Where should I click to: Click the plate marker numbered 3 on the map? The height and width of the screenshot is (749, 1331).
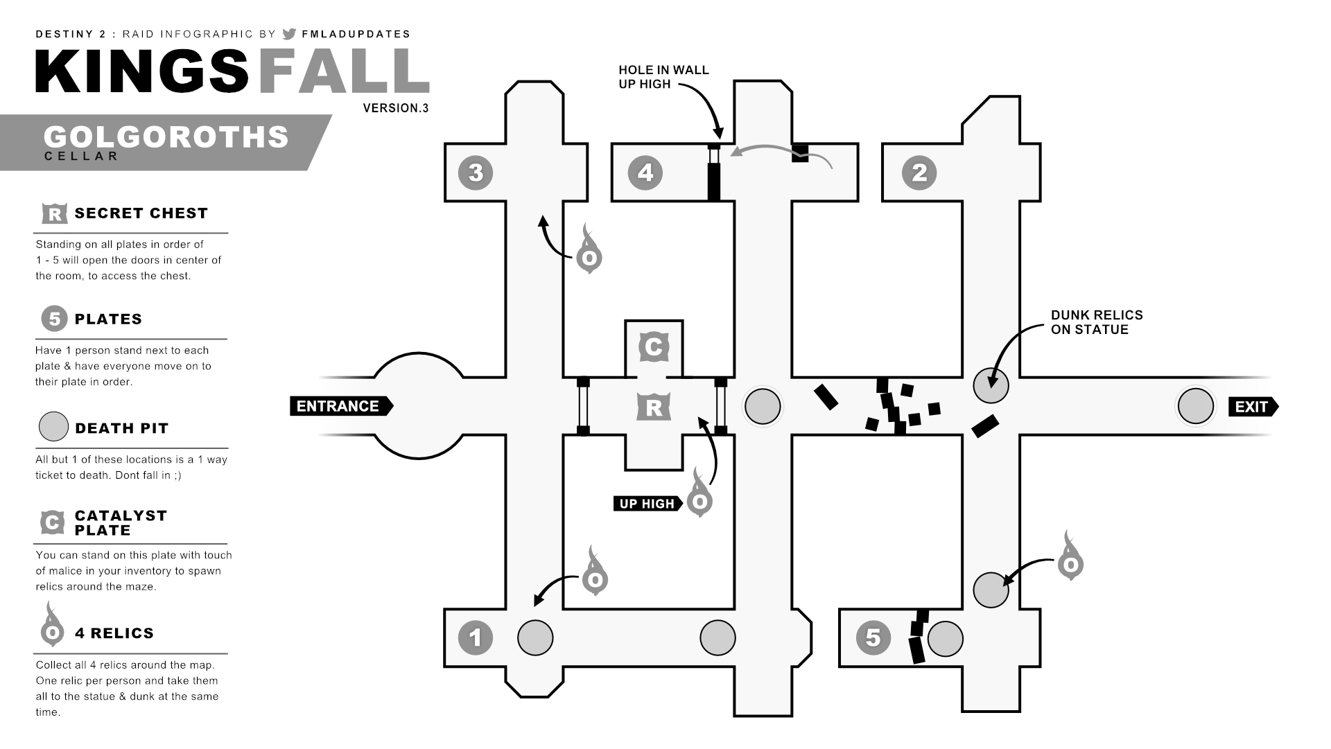pos(476,173)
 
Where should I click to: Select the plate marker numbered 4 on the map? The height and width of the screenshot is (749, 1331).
pos(645,173)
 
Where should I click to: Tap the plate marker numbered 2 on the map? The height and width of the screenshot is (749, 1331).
pos(919,173)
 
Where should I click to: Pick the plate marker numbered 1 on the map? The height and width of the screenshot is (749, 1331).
pos(476,637)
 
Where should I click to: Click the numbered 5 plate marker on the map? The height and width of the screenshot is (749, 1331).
pos(873,637)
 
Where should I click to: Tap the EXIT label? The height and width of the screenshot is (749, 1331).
pos(1252,407)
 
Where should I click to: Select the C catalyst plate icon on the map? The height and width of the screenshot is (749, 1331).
pos(653,346)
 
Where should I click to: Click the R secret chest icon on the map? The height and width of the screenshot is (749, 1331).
pos(653,407)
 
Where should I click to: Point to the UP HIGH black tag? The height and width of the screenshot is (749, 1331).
pos(647,504)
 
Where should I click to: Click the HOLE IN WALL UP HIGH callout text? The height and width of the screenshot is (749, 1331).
pos(663,77)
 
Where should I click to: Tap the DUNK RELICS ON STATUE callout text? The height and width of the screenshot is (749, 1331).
pos(1096,322)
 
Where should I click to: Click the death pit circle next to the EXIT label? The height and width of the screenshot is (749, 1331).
pos(1196,406)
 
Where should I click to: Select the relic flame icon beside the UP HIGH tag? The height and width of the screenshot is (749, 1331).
pos(699,496)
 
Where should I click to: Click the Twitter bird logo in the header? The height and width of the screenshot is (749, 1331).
pos(290,34)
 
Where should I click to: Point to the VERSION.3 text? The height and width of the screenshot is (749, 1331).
pos(396,108)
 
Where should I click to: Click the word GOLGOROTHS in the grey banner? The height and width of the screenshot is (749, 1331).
pos(166,137)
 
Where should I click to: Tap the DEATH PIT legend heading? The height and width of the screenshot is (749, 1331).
pos(121,428)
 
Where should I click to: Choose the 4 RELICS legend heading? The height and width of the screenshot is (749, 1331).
pos(114,633)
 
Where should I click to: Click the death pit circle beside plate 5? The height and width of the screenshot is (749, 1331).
pos(945,638)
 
